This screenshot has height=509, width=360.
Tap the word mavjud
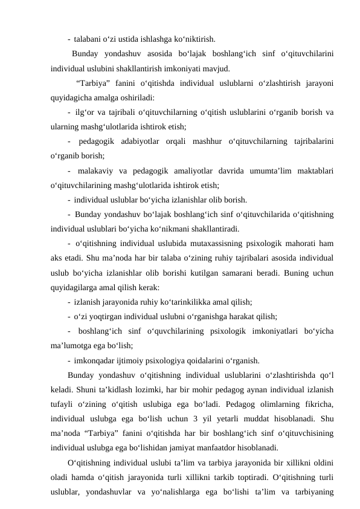[x=216, y=69]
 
